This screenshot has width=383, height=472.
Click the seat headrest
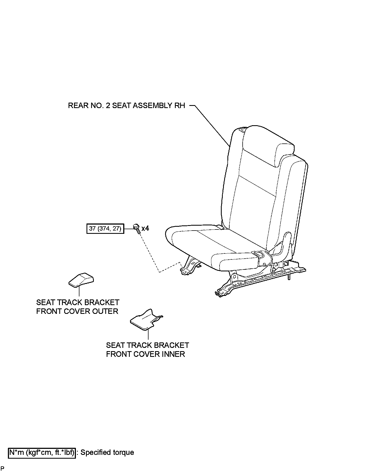pos(268,146)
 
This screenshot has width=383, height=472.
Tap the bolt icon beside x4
pos(137,228)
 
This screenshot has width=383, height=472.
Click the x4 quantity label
pos(145,228)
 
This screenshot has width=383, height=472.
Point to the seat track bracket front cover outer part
pos(81,280)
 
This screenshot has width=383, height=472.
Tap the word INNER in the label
pos(172,354)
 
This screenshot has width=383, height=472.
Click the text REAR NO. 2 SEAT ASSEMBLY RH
pos(126,105)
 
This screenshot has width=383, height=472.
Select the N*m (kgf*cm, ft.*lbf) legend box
pos(42,452)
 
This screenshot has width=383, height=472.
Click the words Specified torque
pos(107,452)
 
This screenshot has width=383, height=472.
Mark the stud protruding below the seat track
pos(289,277)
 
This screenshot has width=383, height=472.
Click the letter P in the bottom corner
pos(2,468)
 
